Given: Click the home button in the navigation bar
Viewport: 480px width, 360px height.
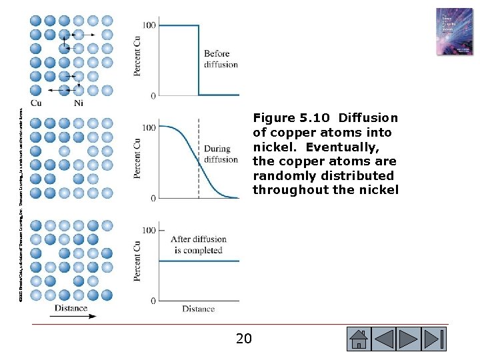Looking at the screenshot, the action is [x=359, y=339].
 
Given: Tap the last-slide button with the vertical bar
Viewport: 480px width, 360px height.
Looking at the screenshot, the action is [x=434, y=339].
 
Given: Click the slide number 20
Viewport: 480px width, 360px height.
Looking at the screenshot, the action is [x=244, y=339].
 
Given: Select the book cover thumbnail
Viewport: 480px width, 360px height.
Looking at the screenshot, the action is [x=454, y=31].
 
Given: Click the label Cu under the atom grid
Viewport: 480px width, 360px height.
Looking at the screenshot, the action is [x=36, y=103].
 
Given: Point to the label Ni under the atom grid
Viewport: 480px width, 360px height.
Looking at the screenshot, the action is [x=79, y=103].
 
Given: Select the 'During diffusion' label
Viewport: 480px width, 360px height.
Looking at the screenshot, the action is [x=221, y=154].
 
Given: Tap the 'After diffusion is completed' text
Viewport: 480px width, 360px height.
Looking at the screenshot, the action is [x=199, y=245].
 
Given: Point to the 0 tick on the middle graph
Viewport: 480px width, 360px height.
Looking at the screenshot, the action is [x=153, y=198].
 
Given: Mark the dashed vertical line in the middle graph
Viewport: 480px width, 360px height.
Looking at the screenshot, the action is [x=199, y=160].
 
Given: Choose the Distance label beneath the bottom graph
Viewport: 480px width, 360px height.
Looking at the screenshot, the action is [x=199, y=309].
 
